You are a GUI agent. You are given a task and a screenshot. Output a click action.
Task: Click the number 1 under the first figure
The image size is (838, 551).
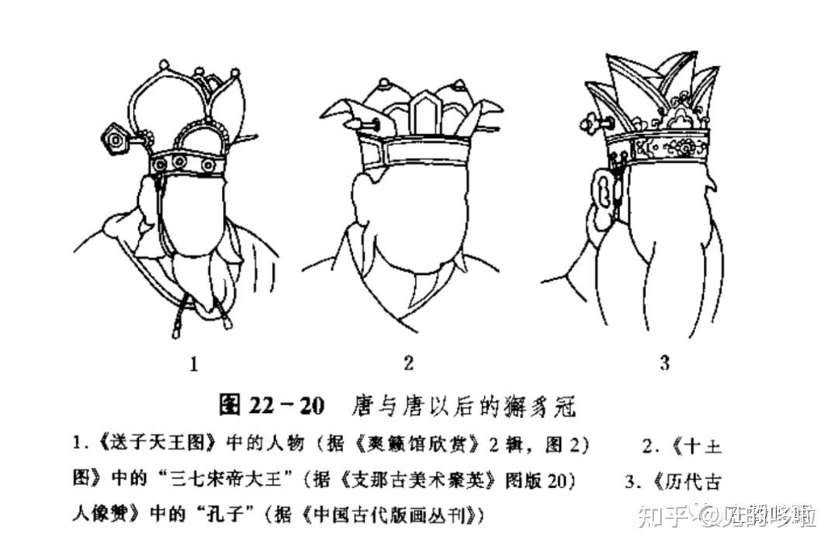[194, 363]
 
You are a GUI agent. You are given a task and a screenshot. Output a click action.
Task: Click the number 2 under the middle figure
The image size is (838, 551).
[409, 362]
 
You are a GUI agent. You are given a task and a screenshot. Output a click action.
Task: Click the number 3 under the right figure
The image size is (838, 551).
[663, 362]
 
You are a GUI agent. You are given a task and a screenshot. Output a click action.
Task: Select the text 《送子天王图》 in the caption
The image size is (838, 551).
[147, 445]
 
